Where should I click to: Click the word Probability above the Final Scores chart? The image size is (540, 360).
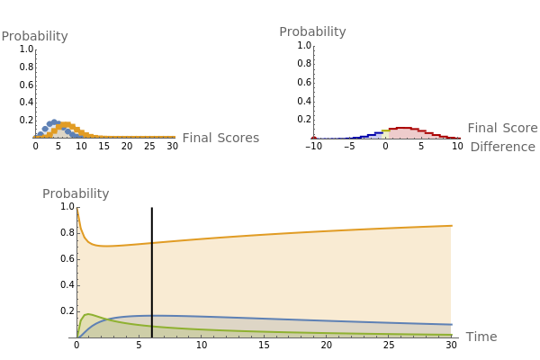(x=34, y=37)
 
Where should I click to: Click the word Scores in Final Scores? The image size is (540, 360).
(x=238, y=138)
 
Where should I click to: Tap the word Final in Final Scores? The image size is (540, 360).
(x=198, y=138)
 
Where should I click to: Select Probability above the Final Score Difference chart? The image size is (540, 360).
(x=312, y=31)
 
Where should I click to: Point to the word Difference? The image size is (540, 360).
(x=502, y=147)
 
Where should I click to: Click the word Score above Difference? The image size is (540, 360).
(x=517, y=129)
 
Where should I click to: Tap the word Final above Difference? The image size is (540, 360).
(x=483, y=129)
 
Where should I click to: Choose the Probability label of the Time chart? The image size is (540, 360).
(x=76, y=193)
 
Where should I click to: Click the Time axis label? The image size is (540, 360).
(x=481, y=337)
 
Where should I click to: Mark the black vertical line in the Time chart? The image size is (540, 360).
(x=151, y=288)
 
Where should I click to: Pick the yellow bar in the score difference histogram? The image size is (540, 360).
(x=385, y=134)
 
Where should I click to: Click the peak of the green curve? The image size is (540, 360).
(x=86, y=315)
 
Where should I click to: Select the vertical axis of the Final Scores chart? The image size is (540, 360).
(x=35, y=90)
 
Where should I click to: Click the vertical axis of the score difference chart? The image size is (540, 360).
(x=313, y=90)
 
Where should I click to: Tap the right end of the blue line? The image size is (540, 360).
(x=449, y=324)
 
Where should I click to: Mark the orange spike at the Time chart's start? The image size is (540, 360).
(x=78, y=216)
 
